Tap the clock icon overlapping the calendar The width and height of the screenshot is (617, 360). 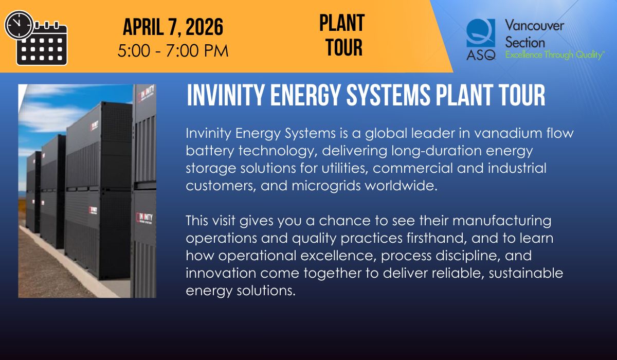point(19,25)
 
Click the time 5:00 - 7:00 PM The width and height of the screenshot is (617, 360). point(173,50)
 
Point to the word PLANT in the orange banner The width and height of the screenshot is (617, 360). point(341,23)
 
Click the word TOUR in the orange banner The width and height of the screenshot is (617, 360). point(344,47)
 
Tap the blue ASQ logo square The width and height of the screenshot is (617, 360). point(481,34)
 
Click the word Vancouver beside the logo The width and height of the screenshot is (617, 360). point(534,25)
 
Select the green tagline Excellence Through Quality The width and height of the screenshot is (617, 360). point(554,55)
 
